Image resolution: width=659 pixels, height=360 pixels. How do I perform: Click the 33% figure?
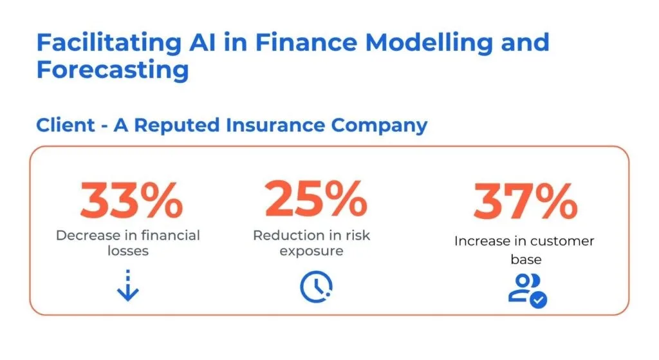coord(131,200)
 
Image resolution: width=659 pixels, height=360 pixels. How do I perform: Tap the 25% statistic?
coord(316,198)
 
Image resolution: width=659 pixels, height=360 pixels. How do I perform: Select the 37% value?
coord(525,201)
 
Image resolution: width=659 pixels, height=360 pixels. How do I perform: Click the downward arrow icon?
coord(128,285)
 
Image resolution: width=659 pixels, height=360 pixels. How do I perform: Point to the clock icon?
coord(316,287)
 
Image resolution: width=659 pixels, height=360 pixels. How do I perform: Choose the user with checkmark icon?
coord(528,290)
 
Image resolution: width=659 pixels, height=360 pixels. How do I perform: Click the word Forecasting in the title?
coord(113,70)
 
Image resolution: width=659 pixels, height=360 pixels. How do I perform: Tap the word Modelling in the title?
coord(429,43)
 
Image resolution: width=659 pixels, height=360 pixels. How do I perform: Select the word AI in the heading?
coord(203,43)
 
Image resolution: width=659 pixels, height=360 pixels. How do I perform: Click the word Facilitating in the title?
coord(109,43)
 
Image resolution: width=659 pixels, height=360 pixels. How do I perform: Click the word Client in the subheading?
coord(66,125)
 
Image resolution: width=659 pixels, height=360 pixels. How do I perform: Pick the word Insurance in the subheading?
coord(275,125)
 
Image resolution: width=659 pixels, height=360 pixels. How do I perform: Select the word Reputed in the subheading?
coord(176,126)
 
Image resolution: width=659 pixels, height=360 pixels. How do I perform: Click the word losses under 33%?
coord(128,251)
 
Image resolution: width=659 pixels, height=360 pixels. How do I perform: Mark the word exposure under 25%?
coord(311,252)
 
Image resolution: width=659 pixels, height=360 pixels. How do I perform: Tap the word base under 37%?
coord(526,260)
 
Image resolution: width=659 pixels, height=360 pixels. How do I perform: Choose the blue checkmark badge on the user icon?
coord(539,300)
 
